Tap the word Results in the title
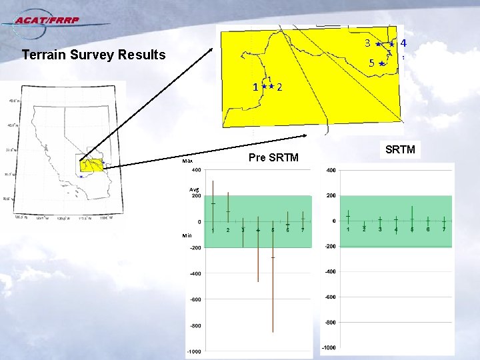click(141, 55)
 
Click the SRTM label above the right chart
click(400, 149)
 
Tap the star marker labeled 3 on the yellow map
click(378, 44)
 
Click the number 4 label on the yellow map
click(404, 43)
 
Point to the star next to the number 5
click(381, 64)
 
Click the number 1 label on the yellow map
click(255, 87)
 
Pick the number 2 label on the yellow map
click(280, 87)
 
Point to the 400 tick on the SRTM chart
click(330, 171)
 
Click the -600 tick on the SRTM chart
click(329, 297)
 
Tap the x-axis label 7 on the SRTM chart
click(445, 229)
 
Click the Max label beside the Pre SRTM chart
click(188, 161)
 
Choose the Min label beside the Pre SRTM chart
click(187, 235)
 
